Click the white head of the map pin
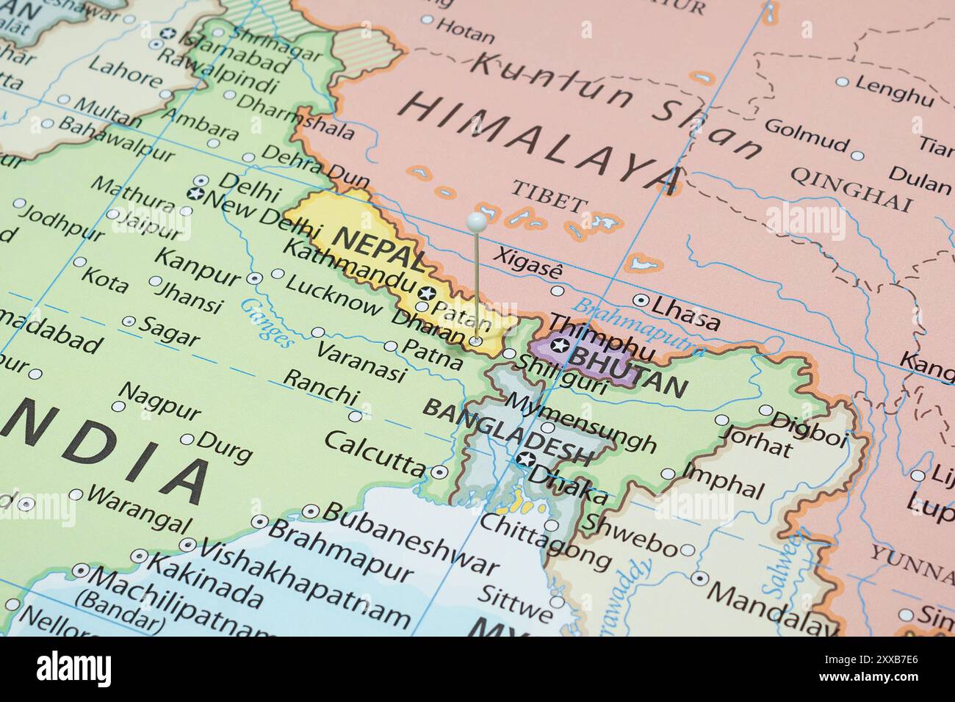click(476, 220)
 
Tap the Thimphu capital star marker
click(560, 345)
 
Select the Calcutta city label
click(374, 452)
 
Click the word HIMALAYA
click(541, 141)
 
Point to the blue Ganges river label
click(267, 322)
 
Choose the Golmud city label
click(806, 135)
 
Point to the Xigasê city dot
click(557, 291)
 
